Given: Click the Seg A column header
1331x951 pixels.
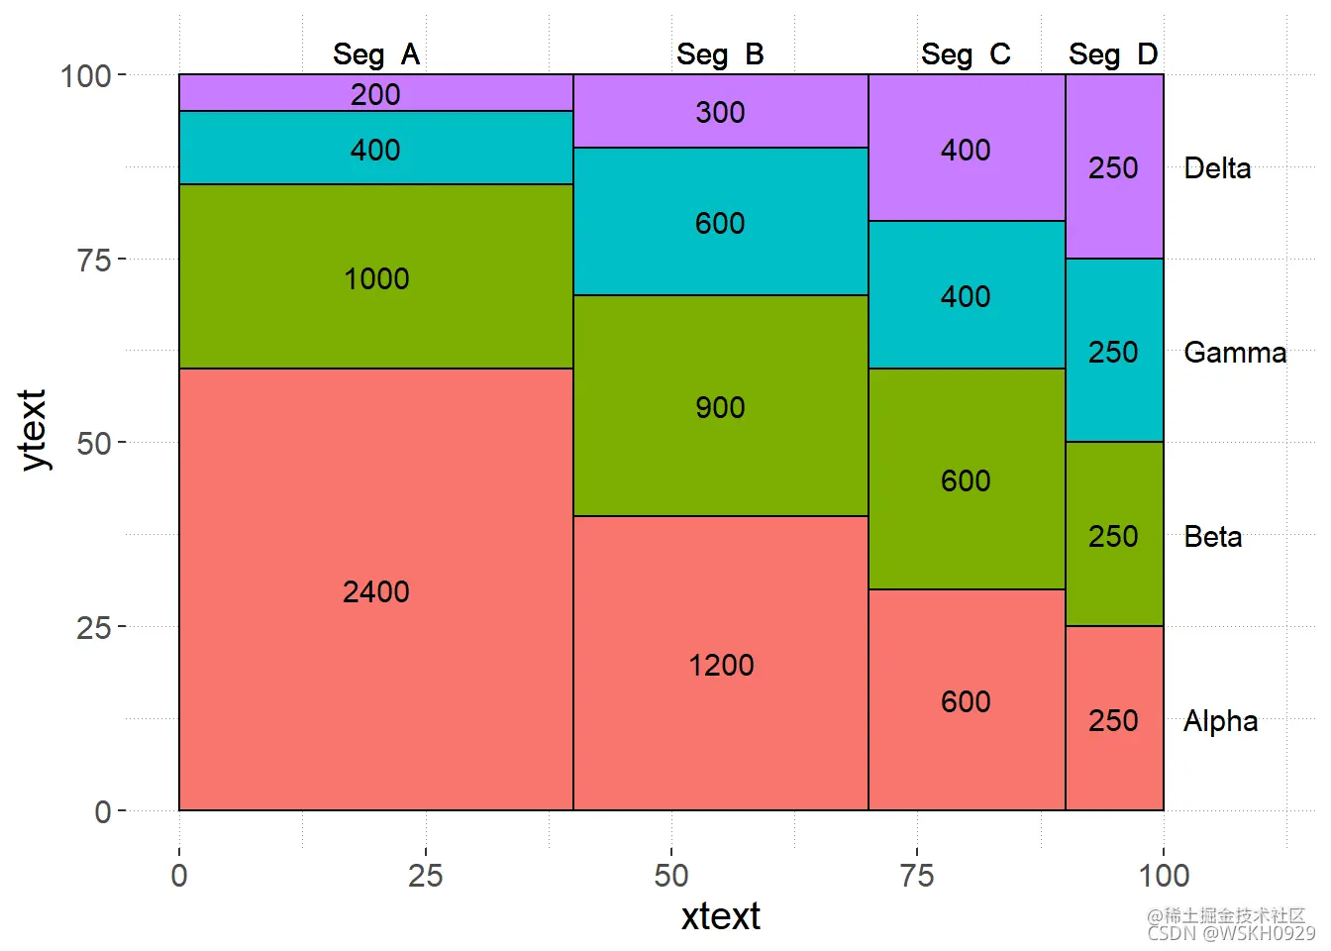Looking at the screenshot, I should [376, 54].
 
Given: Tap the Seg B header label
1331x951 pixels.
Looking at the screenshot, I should [720, 54].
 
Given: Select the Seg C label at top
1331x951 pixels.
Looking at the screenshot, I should [966, 54].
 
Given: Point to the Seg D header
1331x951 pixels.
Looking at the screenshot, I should [1113, 54].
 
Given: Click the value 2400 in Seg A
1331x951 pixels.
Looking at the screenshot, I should [376, 591].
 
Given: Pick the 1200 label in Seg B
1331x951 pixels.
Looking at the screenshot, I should [721, 665].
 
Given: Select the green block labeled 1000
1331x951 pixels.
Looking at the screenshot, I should [376, 278].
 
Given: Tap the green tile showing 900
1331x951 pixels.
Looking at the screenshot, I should [720, 407].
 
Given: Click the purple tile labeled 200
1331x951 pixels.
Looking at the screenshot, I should [376, 94].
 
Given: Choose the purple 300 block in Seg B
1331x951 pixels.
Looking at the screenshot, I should [720, 112].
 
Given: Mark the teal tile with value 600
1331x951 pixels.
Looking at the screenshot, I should [720, 223].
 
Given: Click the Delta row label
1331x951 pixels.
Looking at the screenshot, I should [1217, 168].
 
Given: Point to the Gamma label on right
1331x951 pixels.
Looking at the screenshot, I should [1235, 353].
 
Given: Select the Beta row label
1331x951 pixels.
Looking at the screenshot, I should [1213, 537].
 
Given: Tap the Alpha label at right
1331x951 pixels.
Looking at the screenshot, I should [1220, 721].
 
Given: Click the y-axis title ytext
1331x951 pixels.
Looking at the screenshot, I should [33, 429].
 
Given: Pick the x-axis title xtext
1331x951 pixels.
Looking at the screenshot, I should [720, 916].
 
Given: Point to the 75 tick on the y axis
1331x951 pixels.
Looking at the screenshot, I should [93, 260].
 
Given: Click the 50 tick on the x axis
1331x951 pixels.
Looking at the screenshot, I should [670, 876].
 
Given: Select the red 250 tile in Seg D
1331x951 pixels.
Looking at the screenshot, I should [1113, 720].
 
